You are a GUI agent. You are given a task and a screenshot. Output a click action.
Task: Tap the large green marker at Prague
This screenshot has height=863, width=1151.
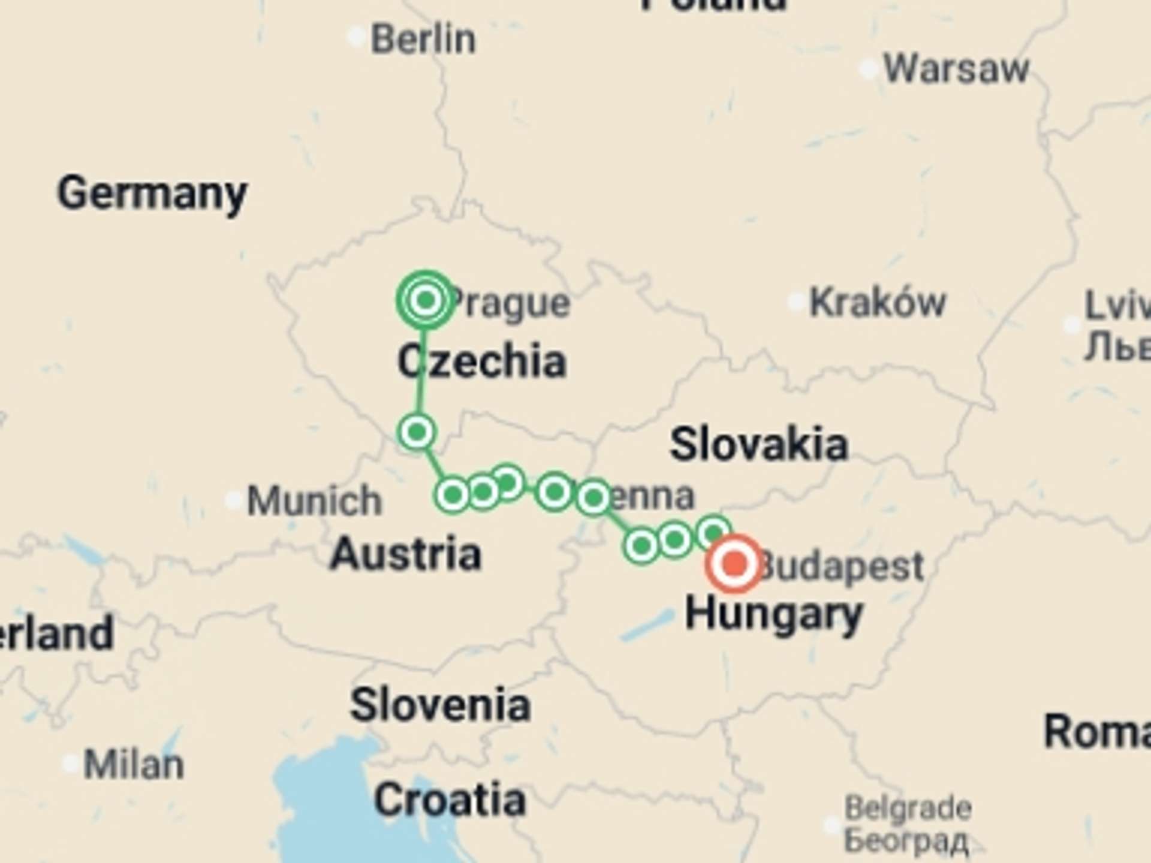coord(426,299)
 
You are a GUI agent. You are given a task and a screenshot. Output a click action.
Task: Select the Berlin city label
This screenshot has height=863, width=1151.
coord(423,40)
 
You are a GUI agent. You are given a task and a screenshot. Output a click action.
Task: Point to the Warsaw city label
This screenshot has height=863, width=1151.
coord(956,69)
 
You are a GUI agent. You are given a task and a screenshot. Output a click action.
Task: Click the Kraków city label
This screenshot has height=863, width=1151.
coord(877,302)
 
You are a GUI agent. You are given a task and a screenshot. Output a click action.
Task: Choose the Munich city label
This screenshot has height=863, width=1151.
coord(314,500)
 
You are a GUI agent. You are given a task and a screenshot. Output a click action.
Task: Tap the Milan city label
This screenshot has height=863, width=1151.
coord(134,765)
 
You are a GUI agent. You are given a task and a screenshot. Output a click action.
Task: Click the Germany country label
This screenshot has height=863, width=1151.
coord(152,193)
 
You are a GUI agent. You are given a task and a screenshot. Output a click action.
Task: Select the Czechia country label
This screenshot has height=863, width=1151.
coord(482,361)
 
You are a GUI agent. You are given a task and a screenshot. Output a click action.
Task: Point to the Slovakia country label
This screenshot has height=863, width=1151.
coord(758,445)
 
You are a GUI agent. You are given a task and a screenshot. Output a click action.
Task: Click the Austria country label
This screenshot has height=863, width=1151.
coord(406,554)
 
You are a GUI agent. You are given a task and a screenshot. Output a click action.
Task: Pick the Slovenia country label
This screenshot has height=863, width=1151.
coord(441,705)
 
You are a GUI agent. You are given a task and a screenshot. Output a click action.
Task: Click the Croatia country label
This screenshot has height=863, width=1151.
coord(450,800)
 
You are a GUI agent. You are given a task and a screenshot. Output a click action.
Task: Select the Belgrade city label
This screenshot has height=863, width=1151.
coord(908,808)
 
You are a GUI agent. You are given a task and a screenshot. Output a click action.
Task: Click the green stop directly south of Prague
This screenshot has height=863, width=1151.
coord(417,431)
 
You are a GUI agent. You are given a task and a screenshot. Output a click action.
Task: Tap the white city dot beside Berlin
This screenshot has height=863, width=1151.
coord(357,37)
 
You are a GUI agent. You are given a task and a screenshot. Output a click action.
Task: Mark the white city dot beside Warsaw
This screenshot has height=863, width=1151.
coord(869,70)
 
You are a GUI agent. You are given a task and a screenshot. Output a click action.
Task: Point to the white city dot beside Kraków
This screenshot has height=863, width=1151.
coord(796,301)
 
